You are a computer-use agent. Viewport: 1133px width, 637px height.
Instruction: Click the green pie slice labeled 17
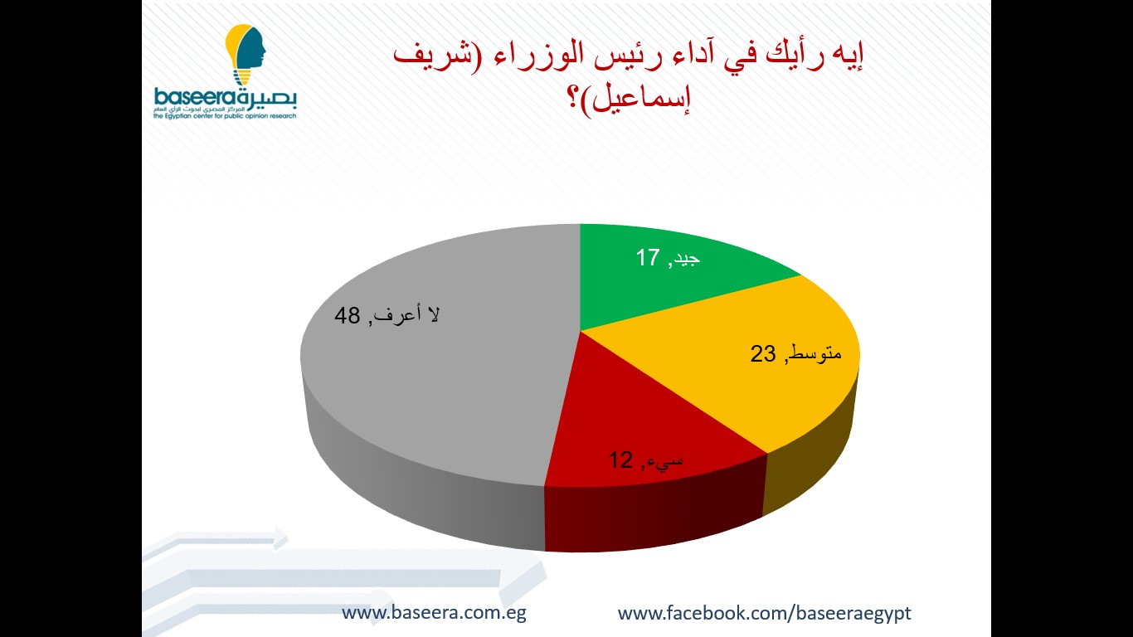tap(658, 284)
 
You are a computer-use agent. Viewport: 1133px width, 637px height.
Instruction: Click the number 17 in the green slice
tap(648, 257)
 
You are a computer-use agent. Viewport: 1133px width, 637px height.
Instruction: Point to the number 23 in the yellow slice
tap(763, 354)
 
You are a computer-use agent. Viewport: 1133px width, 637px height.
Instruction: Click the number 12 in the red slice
tap(620, 460)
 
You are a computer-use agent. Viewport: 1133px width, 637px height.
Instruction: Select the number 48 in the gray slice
tap(347, 316)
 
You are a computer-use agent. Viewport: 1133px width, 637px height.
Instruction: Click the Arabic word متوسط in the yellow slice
tap(815, 353)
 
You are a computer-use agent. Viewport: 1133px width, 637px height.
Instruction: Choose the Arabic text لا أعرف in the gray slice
tap(407, 315)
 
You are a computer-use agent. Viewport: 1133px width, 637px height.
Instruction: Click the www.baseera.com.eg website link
tap(434, 612)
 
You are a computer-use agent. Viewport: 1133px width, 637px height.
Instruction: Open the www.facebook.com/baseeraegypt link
tap(764, 613)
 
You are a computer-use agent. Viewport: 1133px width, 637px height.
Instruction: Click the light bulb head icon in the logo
tap(246, 55)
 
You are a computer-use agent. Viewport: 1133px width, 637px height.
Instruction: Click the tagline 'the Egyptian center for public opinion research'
tap(225, 116)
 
